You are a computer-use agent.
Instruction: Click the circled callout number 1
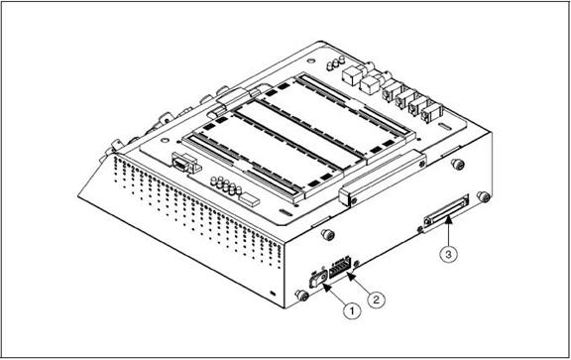352,310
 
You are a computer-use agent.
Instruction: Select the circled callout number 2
376,300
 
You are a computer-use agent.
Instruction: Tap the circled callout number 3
448,254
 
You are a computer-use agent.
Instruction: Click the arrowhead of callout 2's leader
349,276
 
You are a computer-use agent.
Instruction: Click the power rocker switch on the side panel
315,280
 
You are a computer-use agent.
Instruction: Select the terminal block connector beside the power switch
340,267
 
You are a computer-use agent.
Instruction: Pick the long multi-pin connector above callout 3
446,211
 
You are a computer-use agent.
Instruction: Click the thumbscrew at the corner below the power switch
301,295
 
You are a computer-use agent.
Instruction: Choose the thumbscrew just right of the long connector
483,197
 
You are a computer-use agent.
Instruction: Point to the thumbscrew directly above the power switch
328,234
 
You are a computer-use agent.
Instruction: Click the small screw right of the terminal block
356,263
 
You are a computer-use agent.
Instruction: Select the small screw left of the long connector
419,229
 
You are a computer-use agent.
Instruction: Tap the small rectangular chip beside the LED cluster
249,198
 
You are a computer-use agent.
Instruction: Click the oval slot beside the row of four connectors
444,126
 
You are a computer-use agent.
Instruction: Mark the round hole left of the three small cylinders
310,60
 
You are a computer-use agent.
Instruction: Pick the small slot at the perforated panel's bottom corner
273,293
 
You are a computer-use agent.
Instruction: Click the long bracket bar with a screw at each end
382,179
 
